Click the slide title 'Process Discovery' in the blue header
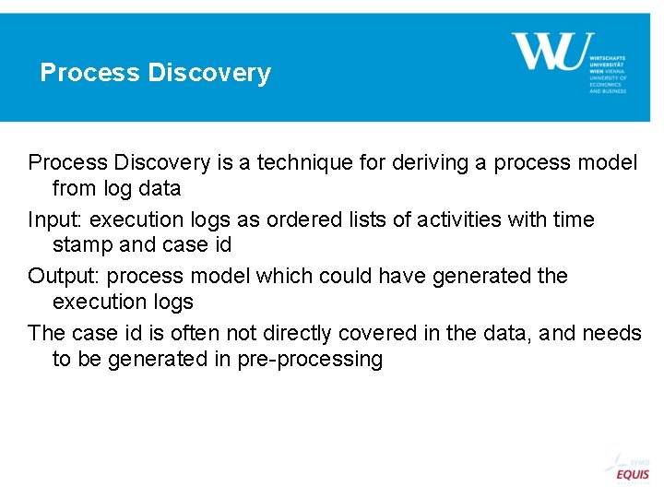pos(155,73)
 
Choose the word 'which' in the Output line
pos(283,276)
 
